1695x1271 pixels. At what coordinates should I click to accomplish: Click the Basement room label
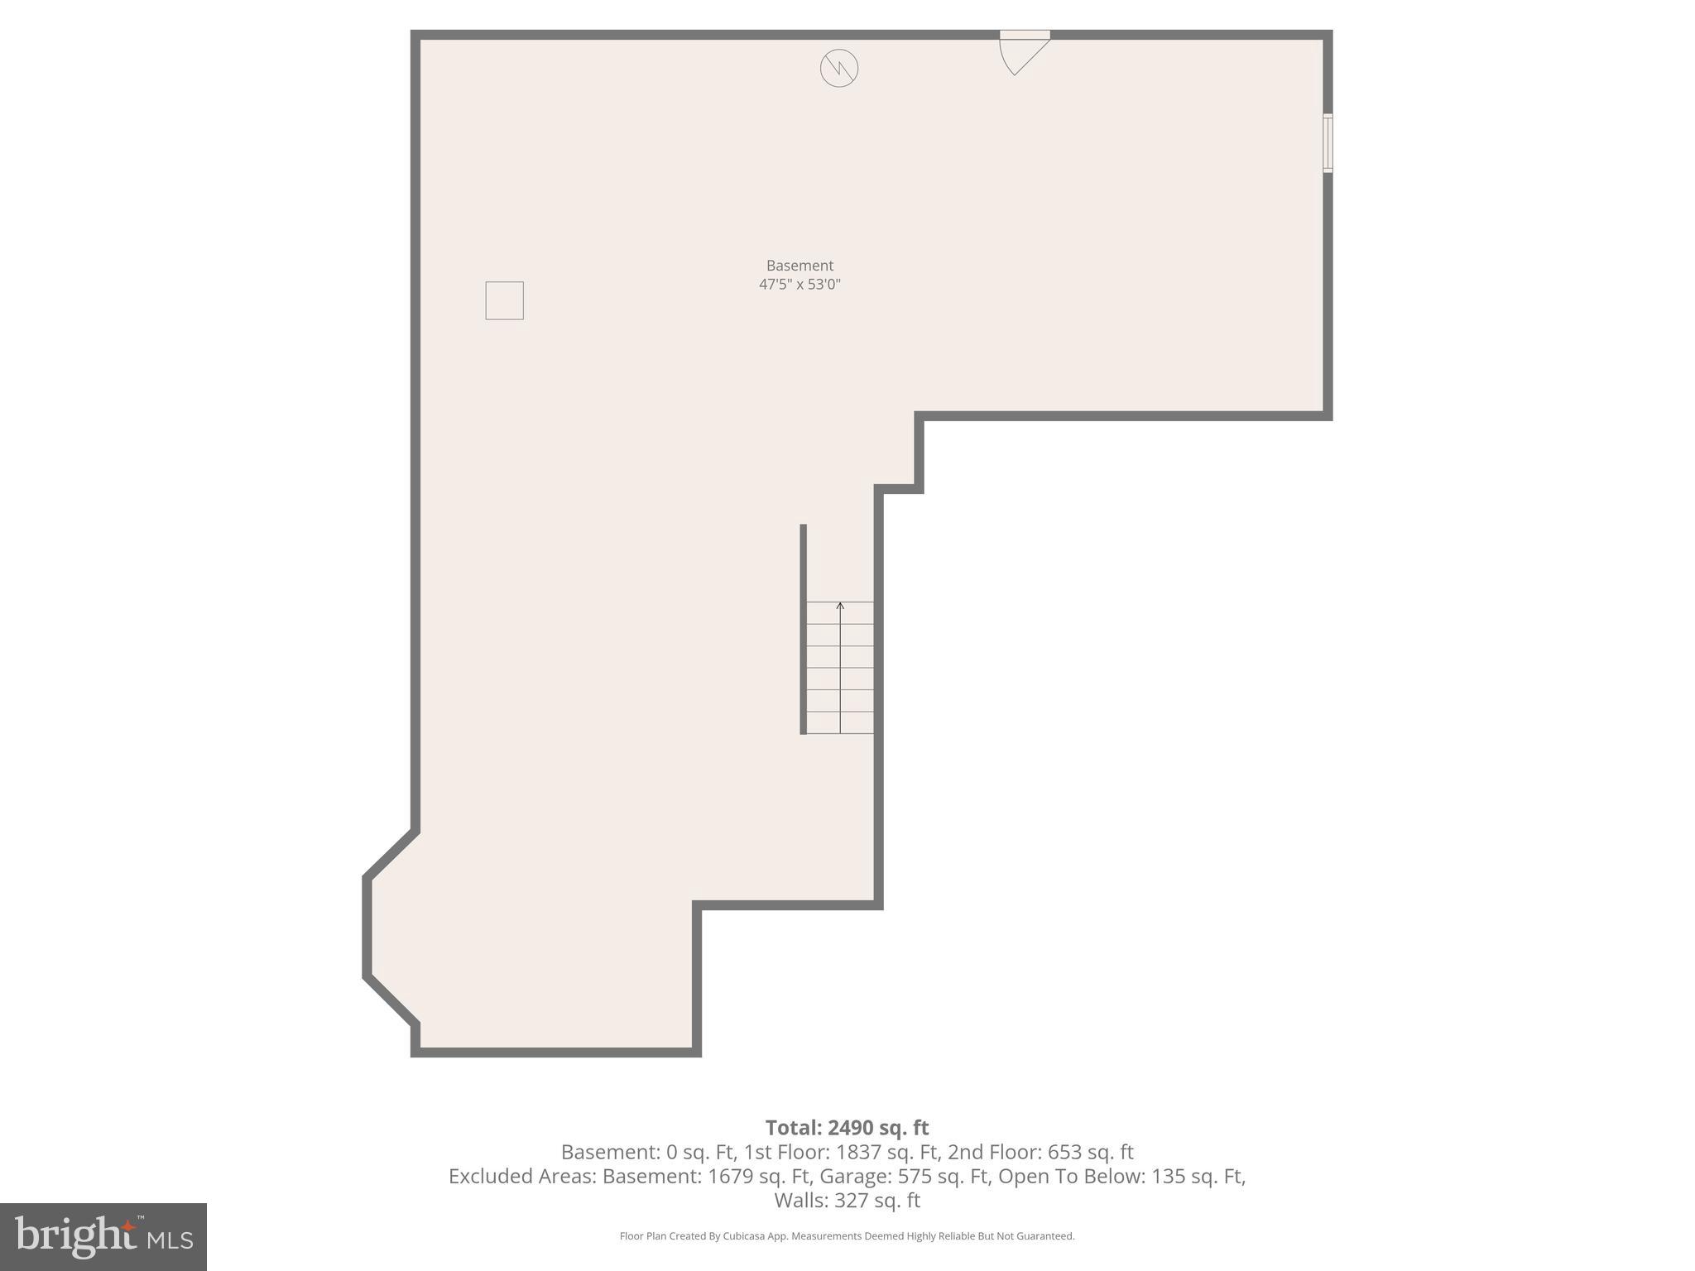tap(799, 266)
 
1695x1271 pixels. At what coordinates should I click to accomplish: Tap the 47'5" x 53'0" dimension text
tap(799, 285)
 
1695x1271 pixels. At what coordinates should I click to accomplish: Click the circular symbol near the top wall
tap(838, 68)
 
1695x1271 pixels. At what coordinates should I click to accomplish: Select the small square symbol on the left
tap(504, 300)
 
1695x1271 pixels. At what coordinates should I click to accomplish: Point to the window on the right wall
tap(1327, 143)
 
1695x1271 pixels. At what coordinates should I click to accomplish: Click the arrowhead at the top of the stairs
tap(840, 607)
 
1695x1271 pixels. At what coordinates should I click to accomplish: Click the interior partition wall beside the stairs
tap(803, 629)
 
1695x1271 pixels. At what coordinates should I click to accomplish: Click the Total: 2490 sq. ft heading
tap(847, 1128)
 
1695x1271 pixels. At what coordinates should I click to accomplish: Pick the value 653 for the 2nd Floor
tap(1064, 1152)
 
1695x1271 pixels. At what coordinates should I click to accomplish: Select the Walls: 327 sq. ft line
tap(847, 1200)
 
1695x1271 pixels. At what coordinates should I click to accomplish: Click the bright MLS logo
tap(103, 1237)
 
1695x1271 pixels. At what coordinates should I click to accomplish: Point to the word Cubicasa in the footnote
tap(743, 1236)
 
